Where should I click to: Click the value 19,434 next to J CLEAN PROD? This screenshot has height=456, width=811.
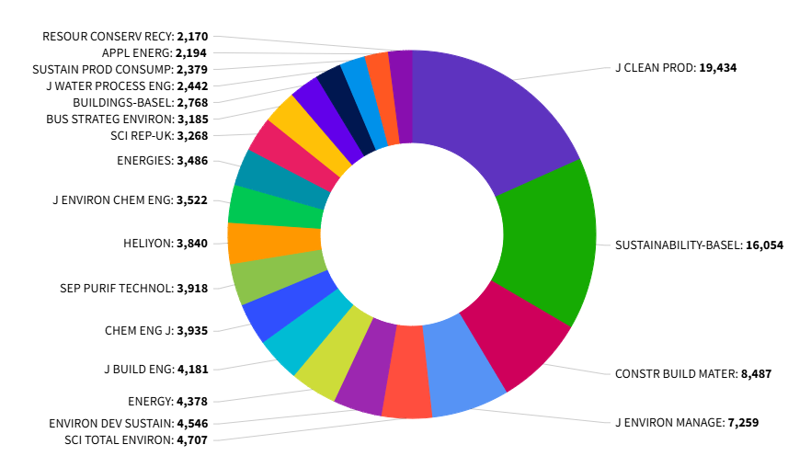[x=717, y=68]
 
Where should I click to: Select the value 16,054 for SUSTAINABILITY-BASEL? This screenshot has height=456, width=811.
[x=763, y=245]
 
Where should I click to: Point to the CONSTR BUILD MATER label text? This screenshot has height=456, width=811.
[x=676, y=374]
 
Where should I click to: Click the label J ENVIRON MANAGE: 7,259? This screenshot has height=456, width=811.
[x=686, y=423]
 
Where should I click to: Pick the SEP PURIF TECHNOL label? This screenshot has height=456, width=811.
[x=115, y=288]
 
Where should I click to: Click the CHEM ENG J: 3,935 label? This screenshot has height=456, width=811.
[x=155, y=330]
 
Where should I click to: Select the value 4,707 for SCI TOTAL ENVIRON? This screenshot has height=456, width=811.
[x=190, y=439]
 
